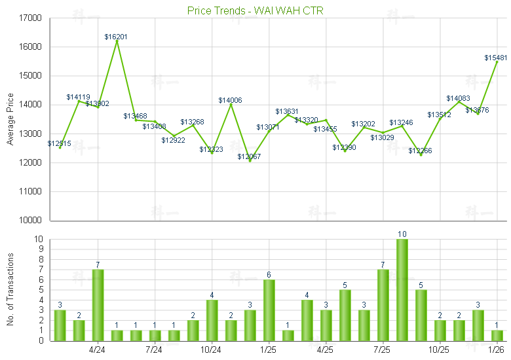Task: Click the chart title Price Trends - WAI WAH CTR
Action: [255, 10]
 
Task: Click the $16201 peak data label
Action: [117, 37]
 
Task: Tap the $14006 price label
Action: [231, 100]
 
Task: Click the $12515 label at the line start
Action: [60, 143]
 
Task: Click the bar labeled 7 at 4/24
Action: [98, 305]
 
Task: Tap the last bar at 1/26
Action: [497, 335]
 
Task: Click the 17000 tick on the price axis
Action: [31, 18]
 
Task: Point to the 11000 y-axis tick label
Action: [31, 192]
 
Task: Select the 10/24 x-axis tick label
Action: [211, 350]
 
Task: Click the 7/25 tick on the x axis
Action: [383, 350]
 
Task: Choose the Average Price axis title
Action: [10, 118]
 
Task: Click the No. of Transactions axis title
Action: [10, 290]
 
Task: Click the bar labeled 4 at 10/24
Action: [212, 320]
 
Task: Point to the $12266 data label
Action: [421, 151]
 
